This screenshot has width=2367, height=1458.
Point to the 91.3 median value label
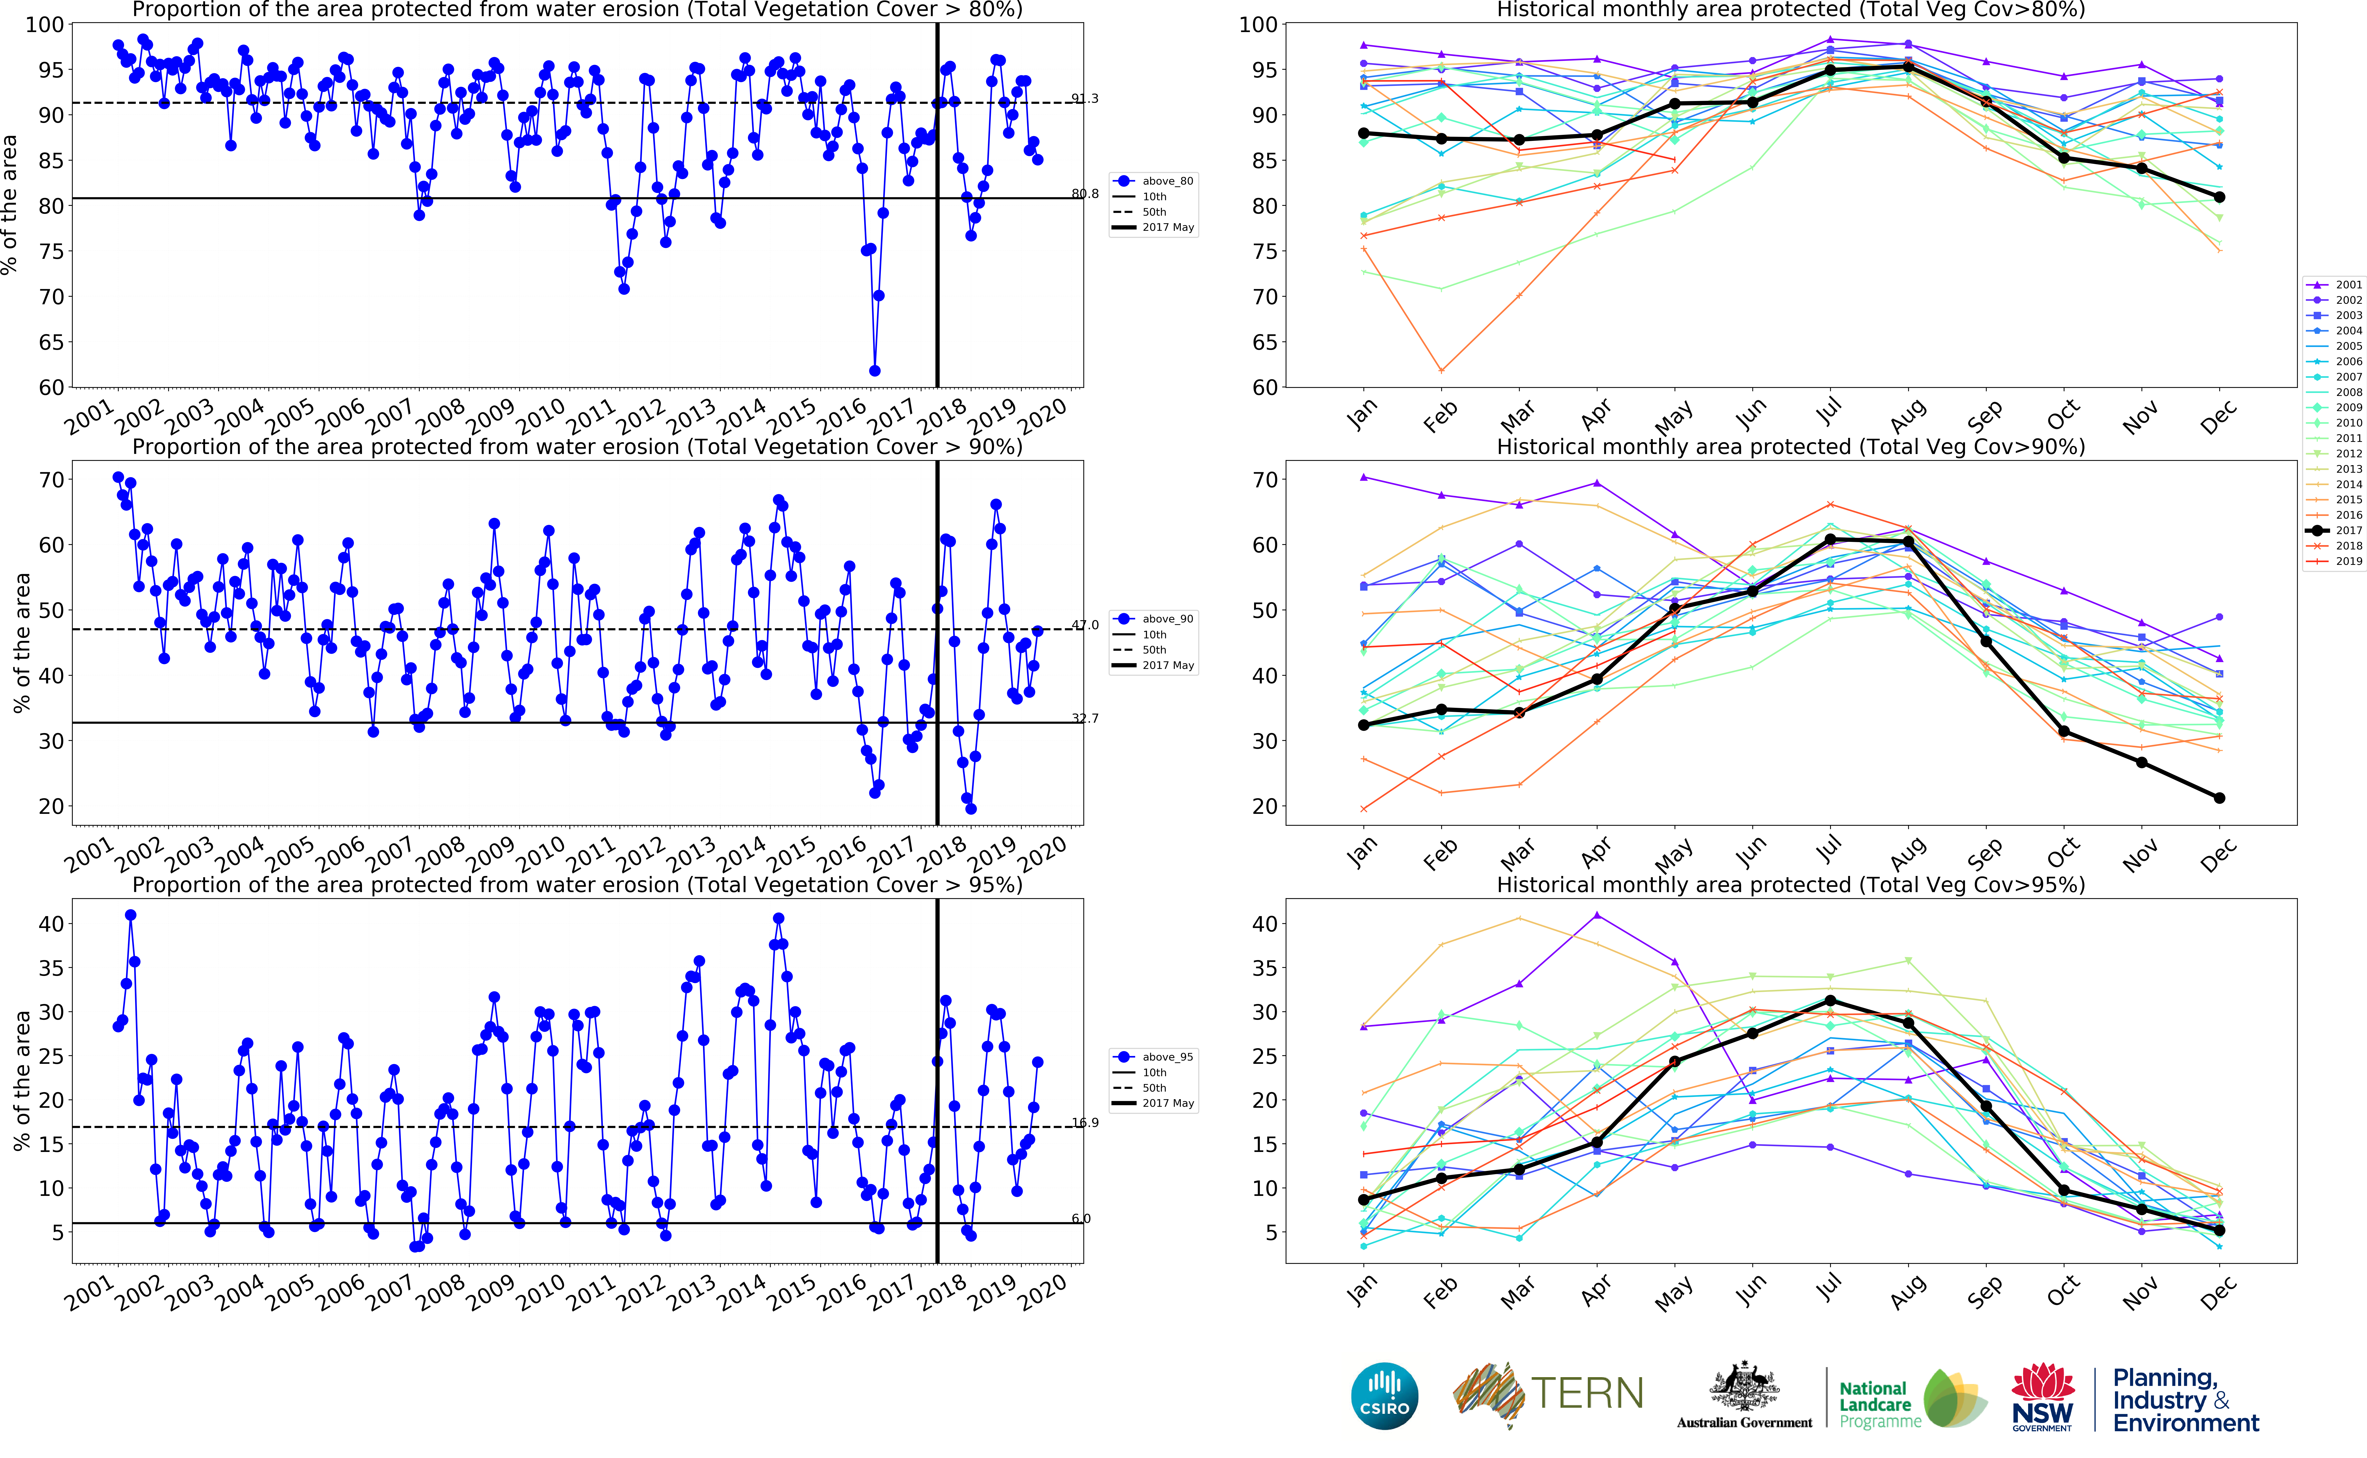coord(1085,98)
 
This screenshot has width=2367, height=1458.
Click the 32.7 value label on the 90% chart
coord(1085,718)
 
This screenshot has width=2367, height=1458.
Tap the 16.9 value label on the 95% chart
coord(1085,1122)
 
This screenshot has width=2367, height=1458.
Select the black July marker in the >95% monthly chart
coord(1830,1001)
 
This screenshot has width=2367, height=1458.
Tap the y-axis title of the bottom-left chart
coord(21,1080)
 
